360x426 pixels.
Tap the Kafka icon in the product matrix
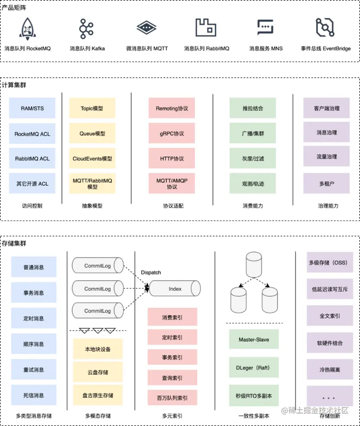coord(86,29)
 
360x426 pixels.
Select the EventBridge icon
coord(325,28)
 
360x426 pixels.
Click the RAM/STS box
coord(32,108)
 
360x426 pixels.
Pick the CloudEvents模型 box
coord(92,158)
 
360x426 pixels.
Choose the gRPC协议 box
coord(172,133)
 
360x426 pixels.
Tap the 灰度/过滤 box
coord(253,158)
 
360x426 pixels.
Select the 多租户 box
coord(327,184)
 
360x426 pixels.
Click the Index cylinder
coord(175,288)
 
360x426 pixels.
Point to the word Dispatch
coord(151,272)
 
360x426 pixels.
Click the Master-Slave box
coord(254,339)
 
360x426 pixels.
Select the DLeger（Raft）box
coord(254,368)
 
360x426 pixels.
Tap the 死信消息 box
coord(34,395)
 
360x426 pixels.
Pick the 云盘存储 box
coord(97,372)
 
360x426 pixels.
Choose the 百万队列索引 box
coord(172,397)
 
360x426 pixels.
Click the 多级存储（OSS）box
coord(328,262)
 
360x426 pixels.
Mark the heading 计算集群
coord(14,85)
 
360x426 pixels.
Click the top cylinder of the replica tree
coord(254,264)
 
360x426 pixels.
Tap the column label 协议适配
coord(173,206)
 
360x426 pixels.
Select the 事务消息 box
coord(34,293)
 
